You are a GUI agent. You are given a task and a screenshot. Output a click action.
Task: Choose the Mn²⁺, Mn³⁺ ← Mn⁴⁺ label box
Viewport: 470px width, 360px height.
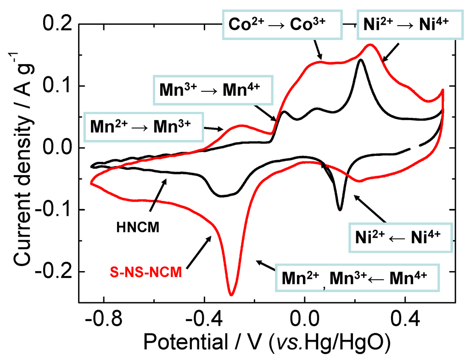tap(357, 277)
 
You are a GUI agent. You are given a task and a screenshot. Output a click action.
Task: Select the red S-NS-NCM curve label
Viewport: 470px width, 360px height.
tap(146, 272)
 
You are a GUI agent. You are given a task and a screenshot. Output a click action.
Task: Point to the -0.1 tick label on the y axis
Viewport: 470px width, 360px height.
tap(54, 210)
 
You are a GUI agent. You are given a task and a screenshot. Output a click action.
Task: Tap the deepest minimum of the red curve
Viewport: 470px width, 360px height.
tap(231, 295)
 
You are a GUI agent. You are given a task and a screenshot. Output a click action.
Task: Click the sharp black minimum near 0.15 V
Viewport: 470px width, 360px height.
tap(340, 210)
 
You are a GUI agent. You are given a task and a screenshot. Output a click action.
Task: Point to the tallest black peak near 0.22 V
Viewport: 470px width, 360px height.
tap(361, 60)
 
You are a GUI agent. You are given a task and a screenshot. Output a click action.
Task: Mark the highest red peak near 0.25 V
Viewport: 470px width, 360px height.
tap(370, 44)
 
